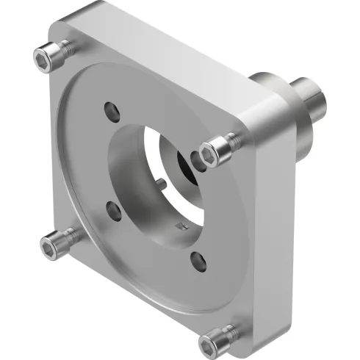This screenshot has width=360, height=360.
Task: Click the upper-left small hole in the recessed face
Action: point(110,111)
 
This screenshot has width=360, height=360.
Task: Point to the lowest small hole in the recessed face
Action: point(197,259)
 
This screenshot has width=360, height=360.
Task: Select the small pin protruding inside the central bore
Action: point(159,181)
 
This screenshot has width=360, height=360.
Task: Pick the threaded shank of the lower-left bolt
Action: point(73,234)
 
